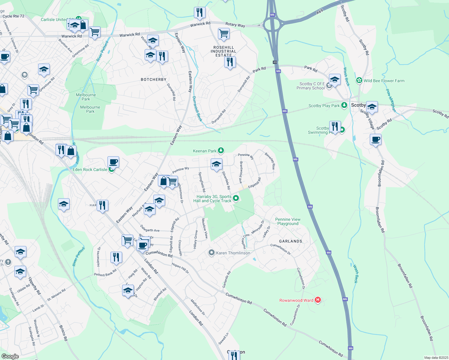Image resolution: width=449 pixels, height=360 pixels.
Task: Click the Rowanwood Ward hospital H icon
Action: pos(318,300)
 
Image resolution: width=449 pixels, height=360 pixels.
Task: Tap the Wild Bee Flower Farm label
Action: pos(384,81)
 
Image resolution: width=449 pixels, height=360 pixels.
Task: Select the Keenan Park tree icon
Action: pos(221,150)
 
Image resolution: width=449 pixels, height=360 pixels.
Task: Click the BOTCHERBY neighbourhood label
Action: pos(153,79)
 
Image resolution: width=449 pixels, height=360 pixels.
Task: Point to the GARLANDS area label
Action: pos(291,241)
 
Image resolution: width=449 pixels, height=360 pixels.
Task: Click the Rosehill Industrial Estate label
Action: pos(223,51)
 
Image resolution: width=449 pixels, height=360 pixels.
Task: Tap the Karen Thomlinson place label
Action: pos(233,253)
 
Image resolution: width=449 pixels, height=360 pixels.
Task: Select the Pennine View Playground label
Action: pos(288,221)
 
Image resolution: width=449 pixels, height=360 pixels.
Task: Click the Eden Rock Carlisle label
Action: pos(90,169)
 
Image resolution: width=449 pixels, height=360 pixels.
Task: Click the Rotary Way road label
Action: pos(235,25)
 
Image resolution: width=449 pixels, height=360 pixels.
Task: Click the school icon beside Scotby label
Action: pos(372,107)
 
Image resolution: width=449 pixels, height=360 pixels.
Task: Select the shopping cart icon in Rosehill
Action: pos(224,34)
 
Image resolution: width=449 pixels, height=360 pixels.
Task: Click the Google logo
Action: pos(10,356)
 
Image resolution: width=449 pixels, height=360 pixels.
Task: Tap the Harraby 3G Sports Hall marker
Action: pos(236,198)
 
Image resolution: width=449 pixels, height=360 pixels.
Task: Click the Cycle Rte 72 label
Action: pos(14,16)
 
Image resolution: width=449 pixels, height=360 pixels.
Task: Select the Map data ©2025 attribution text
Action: pos(436,358)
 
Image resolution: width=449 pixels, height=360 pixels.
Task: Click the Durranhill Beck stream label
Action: pos(197,109)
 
